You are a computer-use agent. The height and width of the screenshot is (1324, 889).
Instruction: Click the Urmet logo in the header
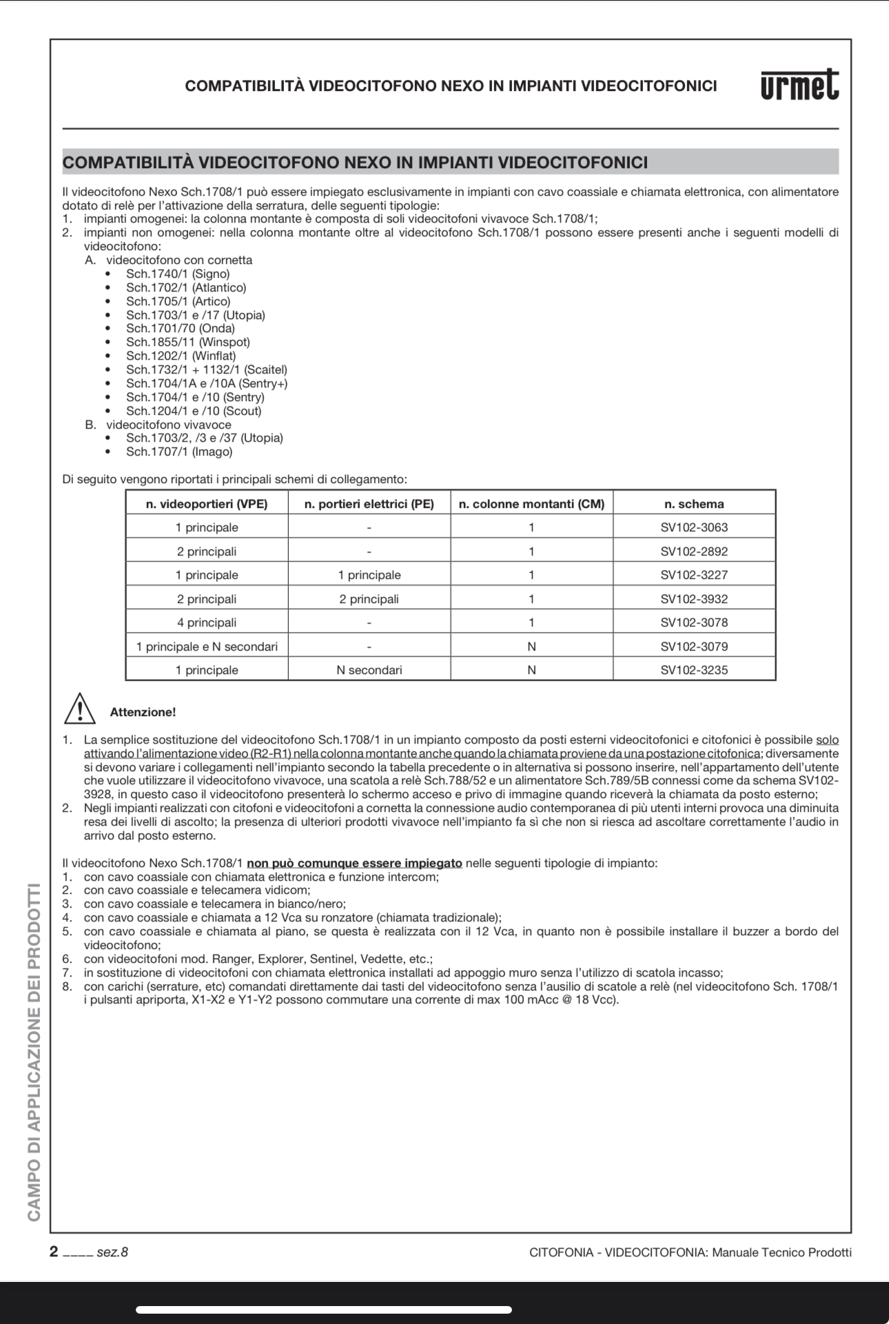[799, 85]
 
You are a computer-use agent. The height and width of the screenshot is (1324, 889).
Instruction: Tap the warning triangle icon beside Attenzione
[80, 709]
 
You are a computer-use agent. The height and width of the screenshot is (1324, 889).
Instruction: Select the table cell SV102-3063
[694, 527]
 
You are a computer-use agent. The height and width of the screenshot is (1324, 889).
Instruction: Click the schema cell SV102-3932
[694, 599]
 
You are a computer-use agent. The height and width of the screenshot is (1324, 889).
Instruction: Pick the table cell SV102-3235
[694, 670]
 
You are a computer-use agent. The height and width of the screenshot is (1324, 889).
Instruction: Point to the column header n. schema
[694, 504]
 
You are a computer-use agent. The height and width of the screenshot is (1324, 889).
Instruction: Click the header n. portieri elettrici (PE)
[369, 504]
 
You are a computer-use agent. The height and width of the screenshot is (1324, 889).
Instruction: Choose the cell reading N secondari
[369, 670]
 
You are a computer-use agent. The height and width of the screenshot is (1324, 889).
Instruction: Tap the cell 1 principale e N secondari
[207, 646]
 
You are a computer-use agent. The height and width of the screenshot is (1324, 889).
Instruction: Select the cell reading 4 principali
[207, 622]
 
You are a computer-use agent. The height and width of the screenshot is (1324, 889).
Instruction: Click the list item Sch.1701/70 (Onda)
[180, 329]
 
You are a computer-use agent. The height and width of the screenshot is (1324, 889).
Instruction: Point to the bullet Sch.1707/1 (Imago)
[179, 452]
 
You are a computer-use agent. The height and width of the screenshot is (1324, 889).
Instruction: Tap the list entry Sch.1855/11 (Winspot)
[187, 343]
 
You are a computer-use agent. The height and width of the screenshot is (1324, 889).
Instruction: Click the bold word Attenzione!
[143, 712]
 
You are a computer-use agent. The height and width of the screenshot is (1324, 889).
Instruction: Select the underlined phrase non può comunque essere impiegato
[354, 863]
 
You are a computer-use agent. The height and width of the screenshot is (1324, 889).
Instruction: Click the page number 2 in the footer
[54, 1252]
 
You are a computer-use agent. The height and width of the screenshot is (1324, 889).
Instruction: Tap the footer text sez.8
[112, 1252]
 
